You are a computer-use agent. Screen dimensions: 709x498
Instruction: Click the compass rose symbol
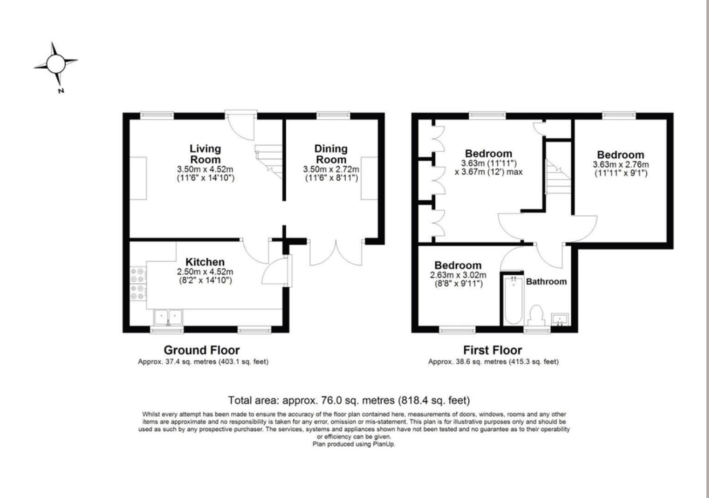point(56,64)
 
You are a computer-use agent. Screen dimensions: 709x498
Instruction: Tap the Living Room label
point(205,154)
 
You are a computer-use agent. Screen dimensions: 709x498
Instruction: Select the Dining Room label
point(331,154)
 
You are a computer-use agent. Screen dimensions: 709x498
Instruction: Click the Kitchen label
point(205,262)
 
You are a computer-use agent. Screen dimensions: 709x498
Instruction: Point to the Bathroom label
point(546,281)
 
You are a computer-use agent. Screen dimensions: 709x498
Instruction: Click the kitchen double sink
point(168,317)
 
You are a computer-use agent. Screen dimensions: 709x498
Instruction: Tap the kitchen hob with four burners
point(138,284)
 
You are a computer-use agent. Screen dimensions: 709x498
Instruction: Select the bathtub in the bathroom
point(513,300)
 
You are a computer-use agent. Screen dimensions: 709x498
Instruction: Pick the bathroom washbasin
point(560,319)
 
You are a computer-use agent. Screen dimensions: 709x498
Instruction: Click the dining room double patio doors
point(336,252)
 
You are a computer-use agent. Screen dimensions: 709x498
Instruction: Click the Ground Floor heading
point(201,350)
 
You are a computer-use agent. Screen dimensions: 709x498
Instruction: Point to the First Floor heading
point(492,350)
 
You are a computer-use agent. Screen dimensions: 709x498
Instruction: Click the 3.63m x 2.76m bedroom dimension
point(620,165)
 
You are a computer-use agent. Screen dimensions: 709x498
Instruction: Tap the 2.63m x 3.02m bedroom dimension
point(458,275)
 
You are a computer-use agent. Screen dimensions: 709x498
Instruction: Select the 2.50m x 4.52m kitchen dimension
point(205,272)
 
